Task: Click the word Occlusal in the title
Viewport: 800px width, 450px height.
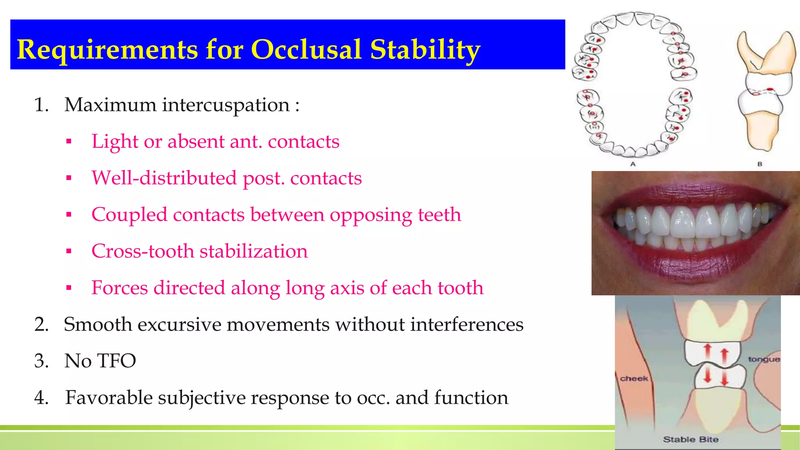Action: (x=308, y=50)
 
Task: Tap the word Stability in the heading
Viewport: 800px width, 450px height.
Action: (x=425, y=50)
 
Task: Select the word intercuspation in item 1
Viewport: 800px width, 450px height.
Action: (x=225, y=105)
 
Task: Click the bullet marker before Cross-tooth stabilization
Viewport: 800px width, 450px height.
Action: (x=69, y=251)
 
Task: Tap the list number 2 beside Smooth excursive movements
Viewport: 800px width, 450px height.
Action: (x=41, y=325)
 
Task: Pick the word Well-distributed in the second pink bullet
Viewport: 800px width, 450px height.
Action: (x=164, y=178)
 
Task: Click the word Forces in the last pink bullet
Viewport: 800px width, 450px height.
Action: (x=120, y=288)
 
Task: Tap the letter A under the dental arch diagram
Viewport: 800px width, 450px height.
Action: (x=633, y=164)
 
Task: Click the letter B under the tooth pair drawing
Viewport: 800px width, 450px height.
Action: (x=760, y=164)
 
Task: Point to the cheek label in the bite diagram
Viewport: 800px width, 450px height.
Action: (x=634, y=378)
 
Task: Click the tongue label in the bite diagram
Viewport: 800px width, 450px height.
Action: (x=764, y=359)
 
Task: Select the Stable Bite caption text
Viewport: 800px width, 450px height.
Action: (x=691, y=439)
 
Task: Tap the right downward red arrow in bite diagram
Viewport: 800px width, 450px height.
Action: (x=725, y=378)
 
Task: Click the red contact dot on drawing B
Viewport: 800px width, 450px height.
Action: (x=770, y=90)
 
